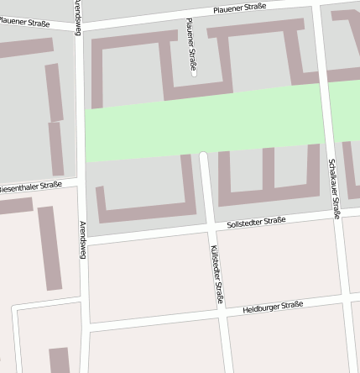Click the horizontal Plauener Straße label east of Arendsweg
240,8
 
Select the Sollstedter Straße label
256,221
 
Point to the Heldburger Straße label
273,307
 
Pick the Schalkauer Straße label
333,188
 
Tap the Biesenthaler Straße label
30,186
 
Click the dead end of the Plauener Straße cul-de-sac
193,72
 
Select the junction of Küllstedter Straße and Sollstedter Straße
210,228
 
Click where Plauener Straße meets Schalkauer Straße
316,7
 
